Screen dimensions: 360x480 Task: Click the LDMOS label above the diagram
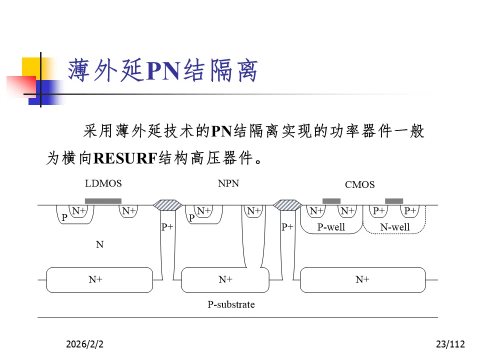[x=103, y=183]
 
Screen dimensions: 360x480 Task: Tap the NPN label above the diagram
[x=228, y=183]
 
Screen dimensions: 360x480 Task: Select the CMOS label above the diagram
[x=359, y=185]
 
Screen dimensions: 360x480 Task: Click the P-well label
[x=331, y=227]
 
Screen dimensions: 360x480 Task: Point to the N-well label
[x=394, y=227]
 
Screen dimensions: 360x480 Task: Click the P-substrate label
[x=231, y=304]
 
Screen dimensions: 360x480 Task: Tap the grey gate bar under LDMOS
[x=103, y=201]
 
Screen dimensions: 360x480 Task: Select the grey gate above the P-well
[x=331, y=201]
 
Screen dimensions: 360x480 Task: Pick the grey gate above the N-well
[x=394, y=201]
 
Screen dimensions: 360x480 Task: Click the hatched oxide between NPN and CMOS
[x=287, y=205]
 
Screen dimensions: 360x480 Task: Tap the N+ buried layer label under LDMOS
[x=95, y=279]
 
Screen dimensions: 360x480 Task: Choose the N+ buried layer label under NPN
[x=225, y=279]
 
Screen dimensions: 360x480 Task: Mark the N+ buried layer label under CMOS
[x=362, y=279]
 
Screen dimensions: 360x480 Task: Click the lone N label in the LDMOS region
[x=99, y=245]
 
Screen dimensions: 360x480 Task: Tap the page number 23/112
[x=450, y=344]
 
